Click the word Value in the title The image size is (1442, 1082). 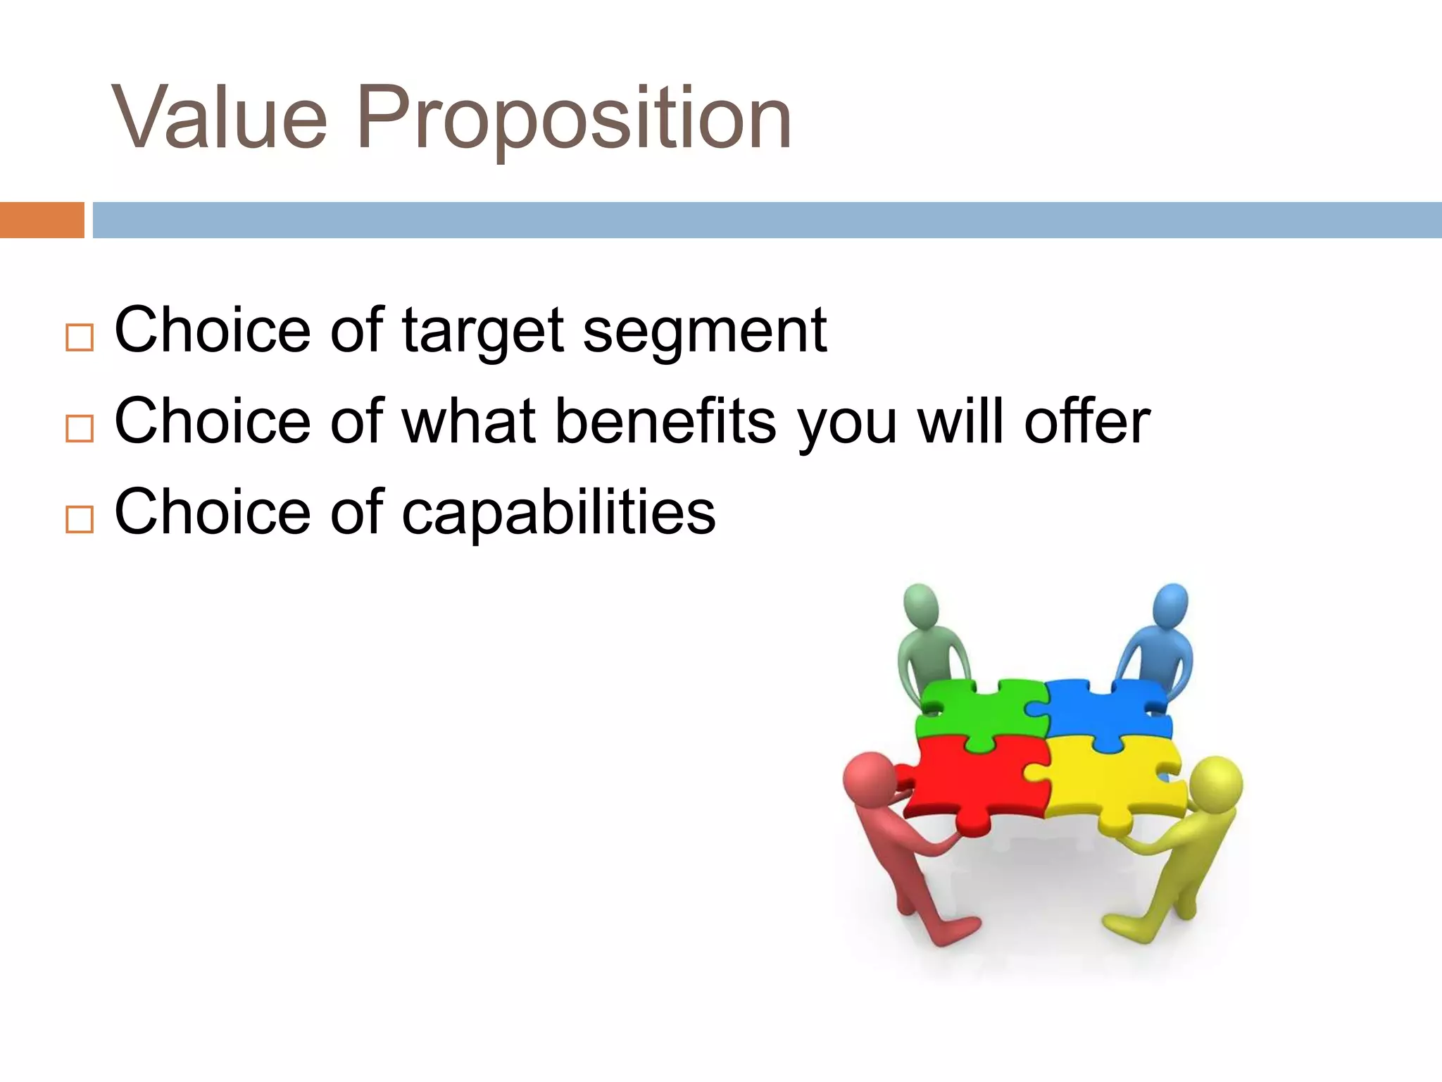[220, 118]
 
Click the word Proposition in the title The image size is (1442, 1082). [574, 120]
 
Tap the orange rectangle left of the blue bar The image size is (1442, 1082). [42, 220]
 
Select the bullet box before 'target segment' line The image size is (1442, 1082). [80, 337]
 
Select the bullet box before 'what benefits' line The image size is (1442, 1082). [80, 428]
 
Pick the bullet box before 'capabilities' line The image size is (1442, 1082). [80, 519]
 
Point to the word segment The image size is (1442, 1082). [704, 332]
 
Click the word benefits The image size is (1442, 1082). [665, 421]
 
